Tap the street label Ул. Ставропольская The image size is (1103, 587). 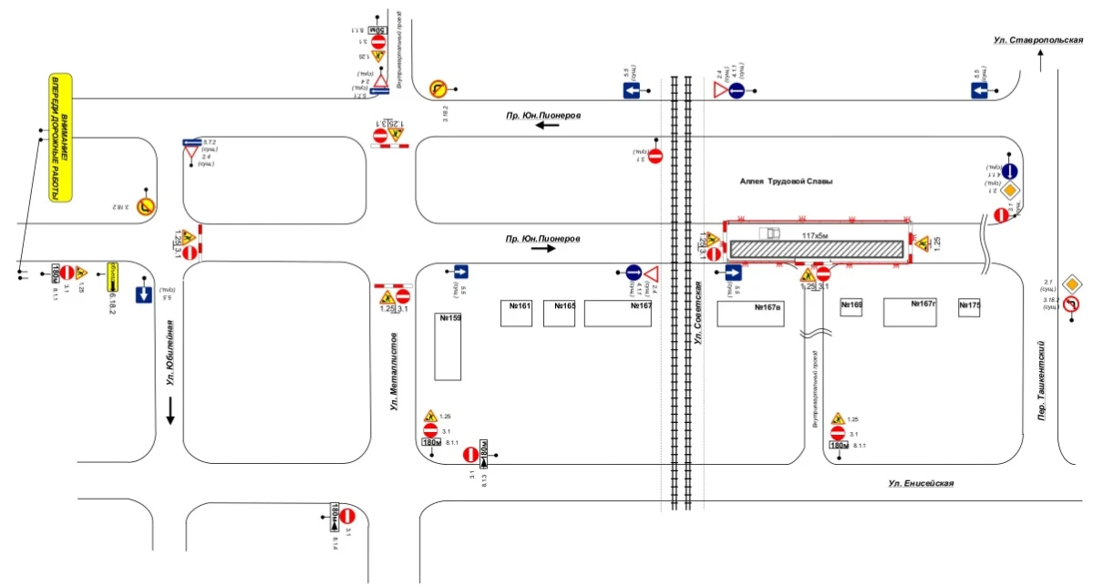[x=1038, y=40]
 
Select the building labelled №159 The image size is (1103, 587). [x=448, y=346]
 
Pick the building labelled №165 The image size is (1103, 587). [x=559, y=313]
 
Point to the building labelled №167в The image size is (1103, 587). [x=750, y=314]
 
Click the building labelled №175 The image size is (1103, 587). [x=969, y=307]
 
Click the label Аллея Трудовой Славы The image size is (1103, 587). [x=786, y=181]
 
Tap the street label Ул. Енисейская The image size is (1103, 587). [x=922, y=483]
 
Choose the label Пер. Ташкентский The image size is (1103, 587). [x=1039, y=382]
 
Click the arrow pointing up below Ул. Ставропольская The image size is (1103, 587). [x=1039, y=59]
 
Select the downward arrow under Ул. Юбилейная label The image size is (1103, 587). [x=170, y=415]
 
